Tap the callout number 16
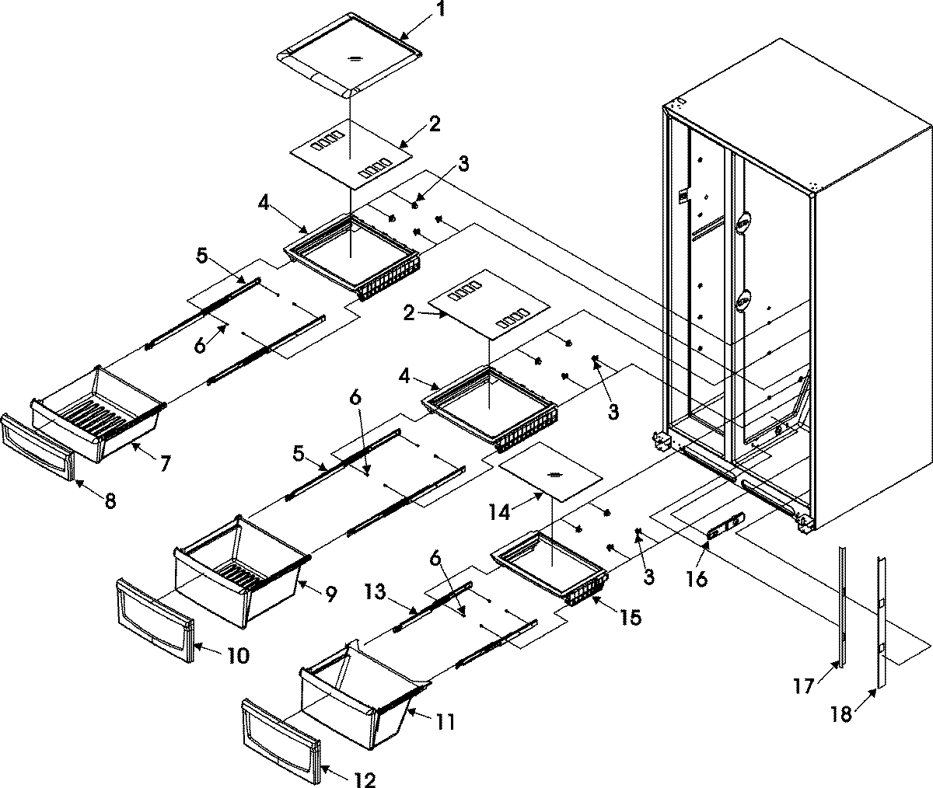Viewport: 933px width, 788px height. tap(697, 578)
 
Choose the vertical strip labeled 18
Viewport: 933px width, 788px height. tap(880, 622)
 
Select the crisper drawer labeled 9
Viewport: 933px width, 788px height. tap(237, 567)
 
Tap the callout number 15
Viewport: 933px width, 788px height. tap(631, 618)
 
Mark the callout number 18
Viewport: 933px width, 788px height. tap(840, 714)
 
